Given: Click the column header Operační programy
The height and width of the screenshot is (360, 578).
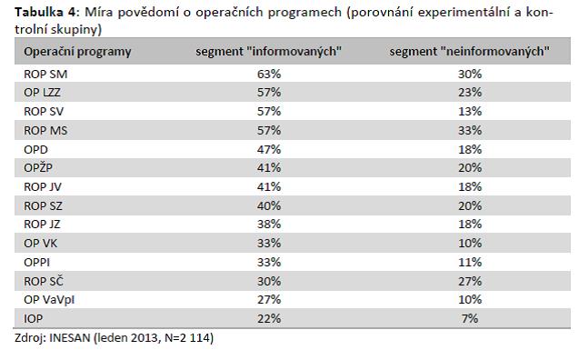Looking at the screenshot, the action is [77, 52].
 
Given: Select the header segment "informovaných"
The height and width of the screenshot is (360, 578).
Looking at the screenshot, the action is [269, 51].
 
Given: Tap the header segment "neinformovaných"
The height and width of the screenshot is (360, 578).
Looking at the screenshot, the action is [470, 51].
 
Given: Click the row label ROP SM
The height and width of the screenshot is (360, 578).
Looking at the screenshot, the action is [45, 75].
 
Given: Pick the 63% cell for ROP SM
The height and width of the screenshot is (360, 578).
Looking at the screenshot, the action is [269, 75].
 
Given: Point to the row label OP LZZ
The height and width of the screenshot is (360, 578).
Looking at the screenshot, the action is [42, 92].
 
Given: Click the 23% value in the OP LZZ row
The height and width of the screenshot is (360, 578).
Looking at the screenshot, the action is [470, 92].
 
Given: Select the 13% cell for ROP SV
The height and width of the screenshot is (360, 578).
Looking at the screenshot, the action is [470, 112].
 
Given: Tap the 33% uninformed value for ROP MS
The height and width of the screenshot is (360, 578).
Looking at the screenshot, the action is [470, 131].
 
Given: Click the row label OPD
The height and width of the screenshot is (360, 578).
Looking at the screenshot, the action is [36, 150].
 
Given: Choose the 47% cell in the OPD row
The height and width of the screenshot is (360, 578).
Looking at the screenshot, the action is [269, 150].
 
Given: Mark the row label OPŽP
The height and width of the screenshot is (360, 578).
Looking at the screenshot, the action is [38, 167].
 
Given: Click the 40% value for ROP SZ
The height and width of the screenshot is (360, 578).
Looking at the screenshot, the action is [269, 205].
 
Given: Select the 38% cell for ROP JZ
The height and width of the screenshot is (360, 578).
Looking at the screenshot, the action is [269, 225].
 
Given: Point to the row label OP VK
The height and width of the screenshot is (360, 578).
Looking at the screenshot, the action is [41, 244].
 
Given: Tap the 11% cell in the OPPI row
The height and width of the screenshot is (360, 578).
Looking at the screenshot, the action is [470, 262].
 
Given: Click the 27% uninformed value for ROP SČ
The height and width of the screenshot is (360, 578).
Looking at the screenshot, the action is [470, 282].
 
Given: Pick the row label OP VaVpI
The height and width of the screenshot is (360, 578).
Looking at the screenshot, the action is [49, 300].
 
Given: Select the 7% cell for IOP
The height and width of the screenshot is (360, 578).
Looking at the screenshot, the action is [470, 319].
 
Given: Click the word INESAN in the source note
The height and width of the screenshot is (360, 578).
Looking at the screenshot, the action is [70, 338].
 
